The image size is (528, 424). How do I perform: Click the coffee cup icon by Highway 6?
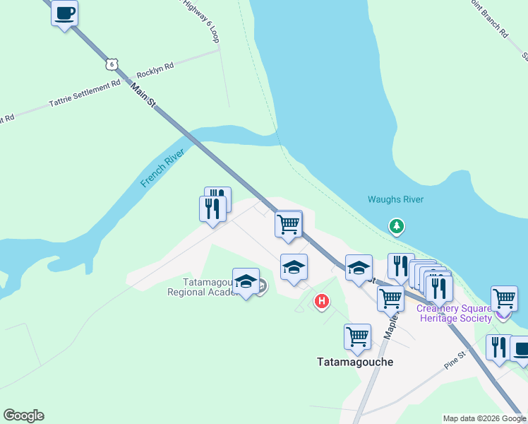pyautogui.click(x=64, y=13)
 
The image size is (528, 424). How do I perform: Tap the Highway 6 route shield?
pyautogui.click(x=110, y=64)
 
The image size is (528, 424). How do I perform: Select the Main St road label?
pyautogui.click(x=143, y=95)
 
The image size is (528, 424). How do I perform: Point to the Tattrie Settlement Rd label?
pyautogui.click(x=85, y=94)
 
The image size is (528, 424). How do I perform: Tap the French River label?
pyautogui.click(x=162, y=169)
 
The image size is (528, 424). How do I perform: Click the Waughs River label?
pyautogui.click(x=395, y=199)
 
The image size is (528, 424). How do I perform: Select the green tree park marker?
pyautogui.click(x=397, y=226)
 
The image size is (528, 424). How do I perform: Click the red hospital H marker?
pyautogui.click(x=322, y=302)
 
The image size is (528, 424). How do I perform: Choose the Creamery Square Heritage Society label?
pyautogui.click(x=455, y=313)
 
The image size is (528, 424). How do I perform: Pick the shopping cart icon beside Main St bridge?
pyautogui.click(x=288, y=225)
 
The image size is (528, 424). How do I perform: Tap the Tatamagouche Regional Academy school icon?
pyautogui.click(x=246, y=282)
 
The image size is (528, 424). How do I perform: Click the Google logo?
pyautogui.click(x=23, y=416)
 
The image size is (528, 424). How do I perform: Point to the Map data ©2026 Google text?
pyautogui.click(x=484, y=418)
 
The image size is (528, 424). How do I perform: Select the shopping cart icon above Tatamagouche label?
pyautogui.click(x=357, y=336)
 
